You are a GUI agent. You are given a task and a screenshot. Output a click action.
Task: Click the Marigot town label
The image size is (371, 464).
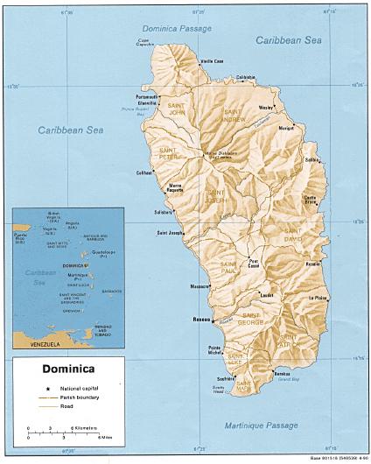pyautogui.click(x=286, y=128)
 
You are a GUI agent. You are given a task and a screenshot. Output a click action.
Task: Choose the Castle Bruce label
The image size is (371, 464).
pyautogui.click(x=310, y=200)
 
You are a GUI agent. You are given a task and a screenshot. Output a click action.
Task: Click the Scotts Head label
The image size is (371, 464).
pyautogui.click(x=219, y=390)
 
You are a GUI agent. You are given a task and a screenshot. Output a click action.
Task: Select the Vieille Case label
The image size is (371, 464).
pyautogui.click(x=212, y=61)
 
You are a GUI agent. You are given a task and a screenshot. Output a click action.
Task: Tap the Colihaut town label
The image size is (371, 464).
pyautogui.click(x=145, y=172)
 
